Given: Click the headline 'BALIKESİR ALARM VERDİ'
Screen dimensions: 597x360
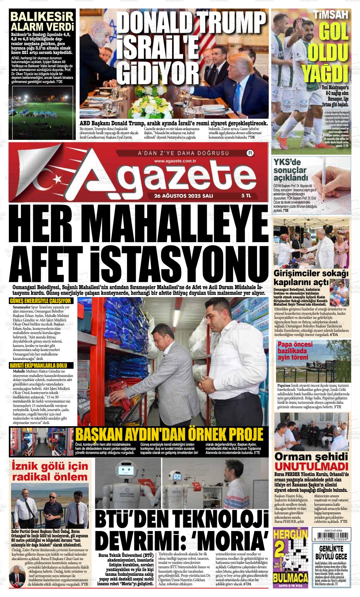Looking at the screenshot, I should pyautogui.click(x=42, y=21).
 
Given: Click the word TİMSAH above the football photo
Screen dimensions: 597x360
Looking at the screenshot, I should pyautogui.click(x=331, y=14).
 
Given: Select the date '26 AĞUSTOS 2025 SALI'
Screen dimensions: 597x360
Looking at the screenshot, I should pyautogui.click(x=183, y=196).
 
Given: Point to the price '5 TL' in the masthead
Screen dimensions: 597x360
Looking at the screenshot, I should pyautogui.click(x=246, y=196).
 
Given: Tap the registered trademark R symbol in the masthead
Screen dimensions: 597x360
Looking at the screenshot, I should pyautogui.click(x=250, y=153).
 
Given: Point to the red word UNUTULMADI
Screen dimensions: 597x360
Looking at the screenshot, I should pyautogui.click(x=311, y=466).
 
